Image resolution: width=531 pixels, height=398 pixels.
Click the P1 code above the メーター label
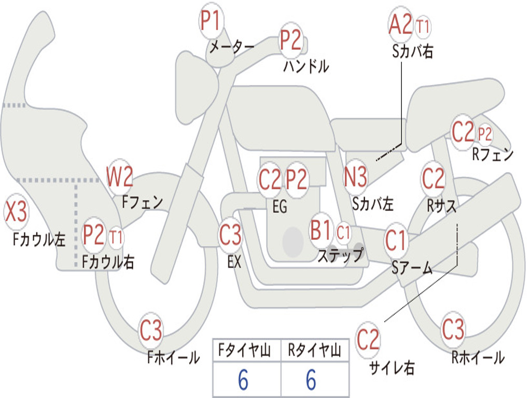click(212, 22)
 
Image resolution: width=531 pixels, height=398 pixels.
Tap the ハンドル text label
click(306, 66)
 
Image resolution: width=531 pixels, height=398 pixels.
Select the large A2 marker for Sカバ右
click(401, 25)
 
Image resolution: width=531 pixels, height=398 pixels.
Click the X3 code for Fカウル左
click(16, 212)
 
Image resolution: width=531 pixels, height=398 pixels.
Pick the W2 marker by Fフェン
click(120, 177)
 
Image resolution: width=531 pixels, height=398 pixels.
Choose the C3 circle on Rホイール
click(453, 330)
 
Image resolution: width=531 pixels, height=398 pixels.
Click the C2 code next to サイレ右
click(368, 340)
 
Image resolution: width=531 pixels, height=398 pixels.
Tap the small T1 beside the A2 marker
click(423, 26)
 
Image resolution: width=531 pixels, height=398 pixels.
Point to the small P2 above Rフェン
click(485, 134)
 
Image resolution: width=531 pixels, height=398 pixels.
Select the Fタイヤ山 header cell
click(246, 351)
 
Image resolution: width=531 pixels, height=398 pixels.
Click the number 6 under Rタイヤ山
click(311, 380)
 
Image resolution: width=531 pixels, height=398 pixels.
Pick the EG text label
click(280, 207)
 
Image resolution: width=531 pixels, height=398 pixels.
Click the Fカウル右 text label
click(108, 262)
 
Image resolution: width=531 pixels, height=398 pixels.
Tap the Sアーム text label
click(412, 267)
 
